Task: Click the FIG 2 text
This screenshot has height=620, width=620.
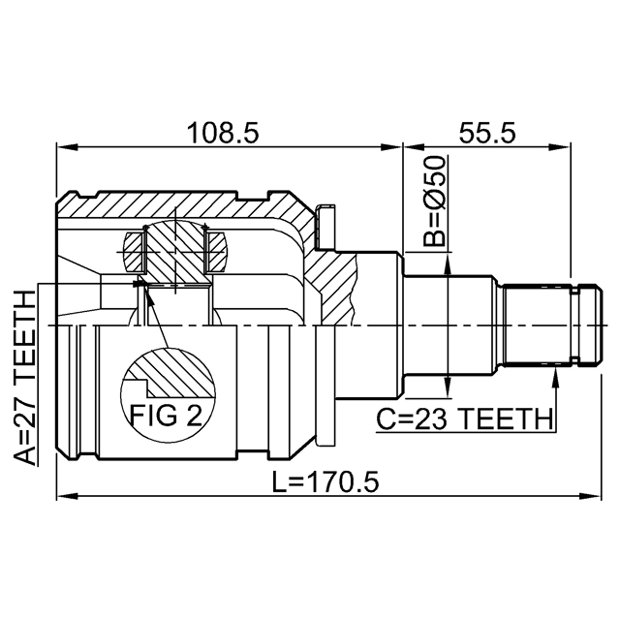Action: point(166,417)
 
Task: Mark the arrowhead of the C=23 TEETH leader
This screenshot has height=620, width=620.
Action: point(556,372)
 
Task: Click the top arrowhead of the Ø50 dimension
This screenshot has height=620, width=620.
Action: point(447,257)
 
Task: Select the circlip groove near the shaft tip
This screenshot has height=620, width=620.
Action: point(577,325)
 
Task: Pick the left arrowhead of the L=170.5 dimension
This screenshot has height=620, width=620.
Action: point(64,498)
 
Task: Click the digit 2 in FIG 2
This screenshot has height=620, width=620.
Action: point(194,417)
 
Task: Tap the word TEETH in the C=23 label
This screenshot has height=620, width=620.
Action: point(507,419)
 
